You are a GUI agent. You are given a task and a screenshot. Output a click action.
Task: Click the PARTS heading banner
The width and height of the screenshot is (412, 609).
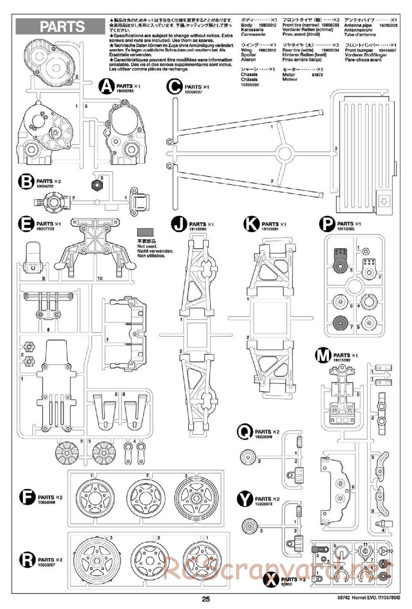click(62, 27)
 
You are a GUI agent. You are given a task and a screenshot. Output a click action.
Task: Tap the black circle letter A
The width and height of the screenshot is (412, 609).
click(107, 87)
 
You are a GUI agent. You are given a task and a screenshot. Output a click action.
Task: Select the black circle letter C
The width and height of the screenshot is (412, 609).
click(174, 87)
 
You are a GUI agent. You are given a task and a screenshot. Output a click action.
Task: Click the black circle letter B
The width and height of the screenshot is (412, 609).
click(26, 182)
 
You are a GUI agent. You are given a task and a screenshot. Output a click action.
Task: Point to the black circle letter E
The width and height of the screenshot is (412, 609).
click(26, 224)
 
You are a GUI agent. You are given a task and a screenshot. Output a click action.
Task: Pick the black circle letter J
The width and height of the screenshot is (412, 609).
click(179, 224)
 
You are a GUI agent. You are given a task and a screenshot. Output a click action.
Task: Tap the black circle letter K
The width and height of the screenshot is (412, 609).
click(251, 224)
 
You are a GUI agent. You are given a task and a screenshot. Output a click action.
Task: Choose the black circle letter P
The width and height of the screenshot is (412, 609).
click(327, 224)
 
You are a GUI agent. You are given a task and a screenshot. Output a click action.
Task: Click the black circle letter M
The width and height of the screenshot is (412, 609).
click(323, 355)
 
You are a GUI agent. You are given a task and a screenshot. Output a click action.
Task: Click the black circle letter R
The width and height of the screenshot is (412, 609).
click(27, 560)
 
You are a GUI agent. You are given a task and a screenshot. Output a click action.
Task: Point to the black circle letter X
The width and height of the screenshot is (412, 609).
click(271, 580)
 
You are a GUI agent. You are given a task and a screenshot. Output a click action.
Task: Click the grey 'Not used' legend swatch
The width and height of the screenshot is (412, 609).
click(145, 232)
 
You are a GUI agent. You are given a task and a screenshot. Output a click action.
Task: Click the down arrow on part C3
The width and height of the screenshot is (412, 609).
click(384, 201)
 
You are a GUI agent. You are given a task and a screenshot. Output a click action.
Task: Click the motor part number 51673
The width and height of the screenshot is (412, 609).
click(317, 75)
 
